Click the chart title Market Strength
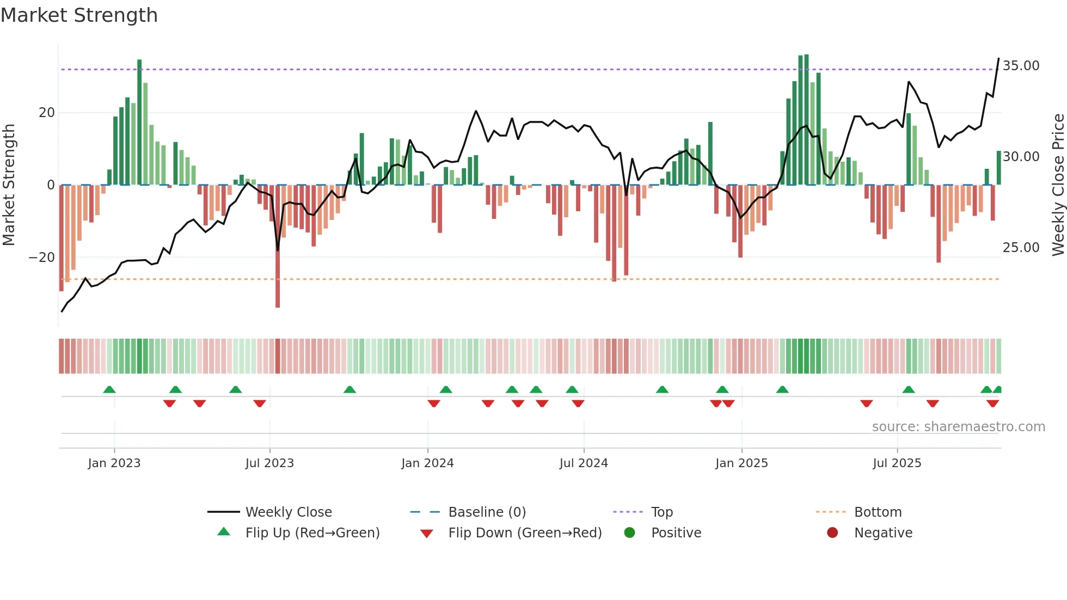pos(79,15)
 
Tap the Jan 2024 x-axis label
pos(427,463)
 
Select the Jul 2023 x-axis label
pos(269,463)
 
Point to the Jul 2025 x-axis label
pos(897,463)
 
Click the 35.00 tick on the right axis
pos(1021,66)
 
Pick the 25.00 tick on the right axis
pos(1021,248)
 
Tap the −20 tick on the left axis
pos(42,258)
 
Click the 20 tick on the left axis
pos(47,113)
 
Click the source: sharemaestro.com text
pos(958,427)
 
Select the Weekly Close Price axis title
pos(1058,185)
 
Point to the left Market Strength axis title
pos(9,185)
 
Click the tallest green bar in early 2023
pos(139,123)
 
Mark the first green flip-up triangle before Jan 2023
pos(109,390)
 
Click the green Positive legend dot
pos(629,533)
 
